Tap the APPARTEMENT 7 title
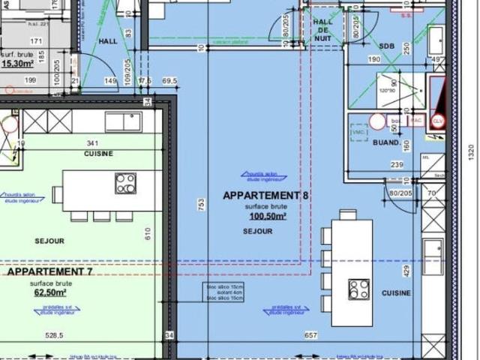(x=49, y=271)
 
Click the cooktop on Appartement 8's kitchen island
(x=359, y=289)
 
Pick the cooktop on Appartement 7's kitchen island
(x=125, y=183)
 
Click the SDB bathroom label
(x=386, y=46)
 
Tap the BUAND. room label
(x=386, y=142)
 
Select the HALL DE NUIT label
(x=323, y=30)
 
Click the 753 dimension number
(x=201, y=204)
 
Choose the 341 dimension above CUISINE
(x=93, y=142)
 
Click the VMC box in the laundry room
(x=358, y=132)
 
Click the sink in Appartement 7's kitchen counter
(x=123, y=121)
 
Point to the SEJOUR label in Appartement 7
(x=49, y=241)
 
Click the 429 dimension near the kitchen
(x=406, y=269)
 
